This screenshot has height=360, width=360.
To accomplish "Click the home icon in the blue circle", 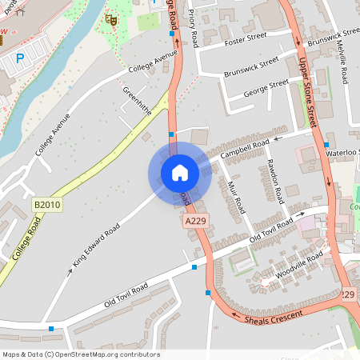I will pyautogui.click(x=180, y=173).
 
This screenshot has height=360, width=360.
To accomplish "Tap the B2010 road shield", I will pyautogui.click(x=47, y=206).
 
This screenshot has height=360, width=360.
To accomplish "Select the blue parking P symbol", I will pyautogui.click(x=20, y=58).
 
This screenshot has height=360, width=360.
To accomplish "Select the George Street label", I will pyautogui.click(x=267, y=85).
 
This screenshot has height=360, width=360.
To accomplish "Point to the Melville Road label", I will pyautogui.click(x=342, y=62).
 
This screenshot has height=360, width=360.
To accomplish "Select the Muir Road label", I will pyautogui.click(x=235, y=195).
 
